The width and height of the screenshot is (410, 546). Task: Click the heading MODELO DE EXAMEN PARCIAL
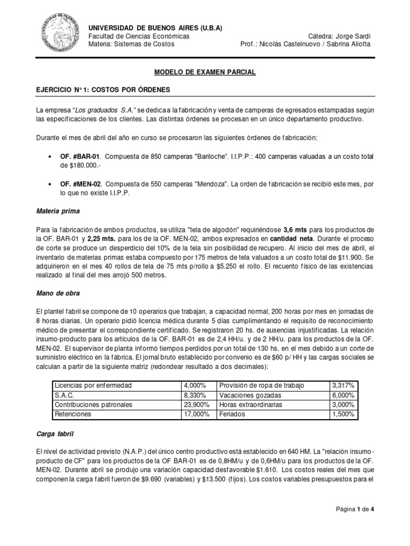205,71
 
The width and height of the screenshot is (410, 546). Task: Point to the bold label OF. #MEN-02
83,184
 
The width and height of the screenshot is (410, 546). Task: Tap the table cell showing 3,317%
343,386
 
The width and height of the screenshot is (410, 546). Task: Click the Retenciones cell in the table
73,414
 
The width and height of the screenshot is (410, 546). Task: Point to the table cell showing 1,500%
343,414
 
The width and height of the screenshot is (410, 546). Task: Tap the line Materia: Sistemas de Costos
131,44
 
